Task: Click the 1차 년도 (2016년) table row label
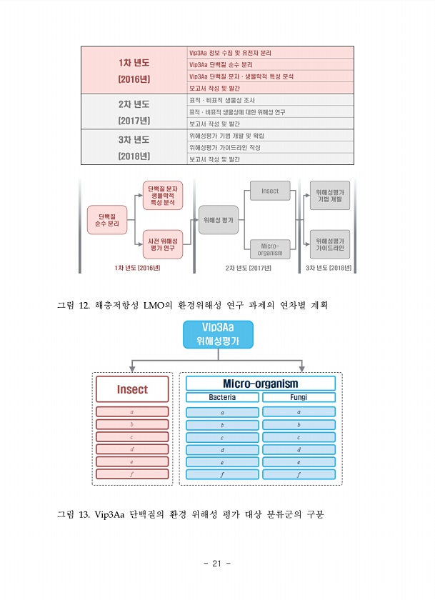point(134,71)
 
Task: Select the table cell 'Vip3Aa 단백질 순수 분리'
point(270,65)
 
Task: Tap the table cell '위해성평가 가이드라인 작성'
point(270,147)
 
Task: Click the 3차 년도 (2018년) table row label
point(134,147)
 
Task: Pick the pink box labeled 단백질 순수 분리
point(107,220)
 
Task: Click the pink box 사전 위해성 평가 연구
point(163,244)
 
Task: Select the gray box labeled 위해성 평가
point(219,220)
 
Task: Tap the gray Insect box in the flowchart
point(270,191)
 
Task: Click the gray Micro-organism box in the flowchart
point(270,249)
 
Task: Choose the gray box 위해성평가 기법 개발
point(330,196)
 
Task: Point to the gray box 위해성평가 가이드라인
point(330,244)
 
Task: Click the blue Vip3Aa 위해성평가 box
point(218,334)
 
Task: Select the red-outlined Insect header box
point(132,389)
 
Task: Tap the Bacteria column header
point(222,397)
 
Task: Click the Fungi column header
point(299,397)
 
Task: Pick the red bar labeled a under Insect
point(132,411)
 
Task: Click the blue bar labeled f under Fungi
point(299,474)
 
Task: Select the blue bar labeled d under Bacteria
point(222,449)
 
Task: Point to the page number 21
point(217,564)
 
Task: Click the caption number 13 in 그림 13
point(84,514)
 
